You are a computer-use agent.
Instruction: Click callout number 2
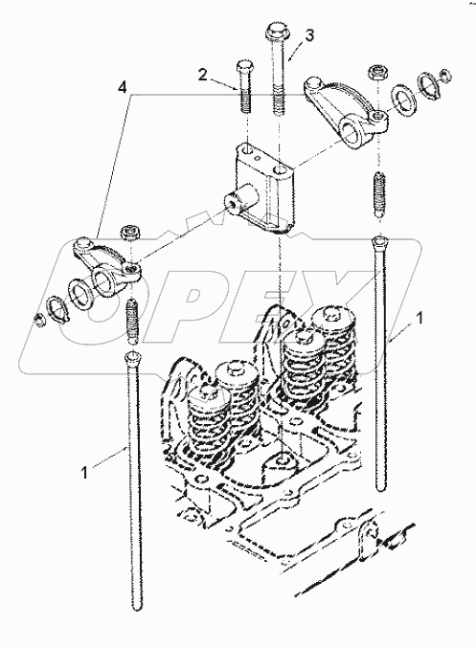click(x=203, y=74)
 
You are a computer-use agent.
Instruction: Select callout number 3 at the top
click(x=307, y=35)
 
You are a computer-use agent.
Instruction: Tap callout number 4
click(x=121, y=87)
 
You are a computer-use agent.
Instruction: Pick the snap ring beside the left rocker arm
click(x=58, y=310)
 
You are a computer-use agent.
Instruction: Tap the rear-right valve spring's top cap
click(x=333, y=318)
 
